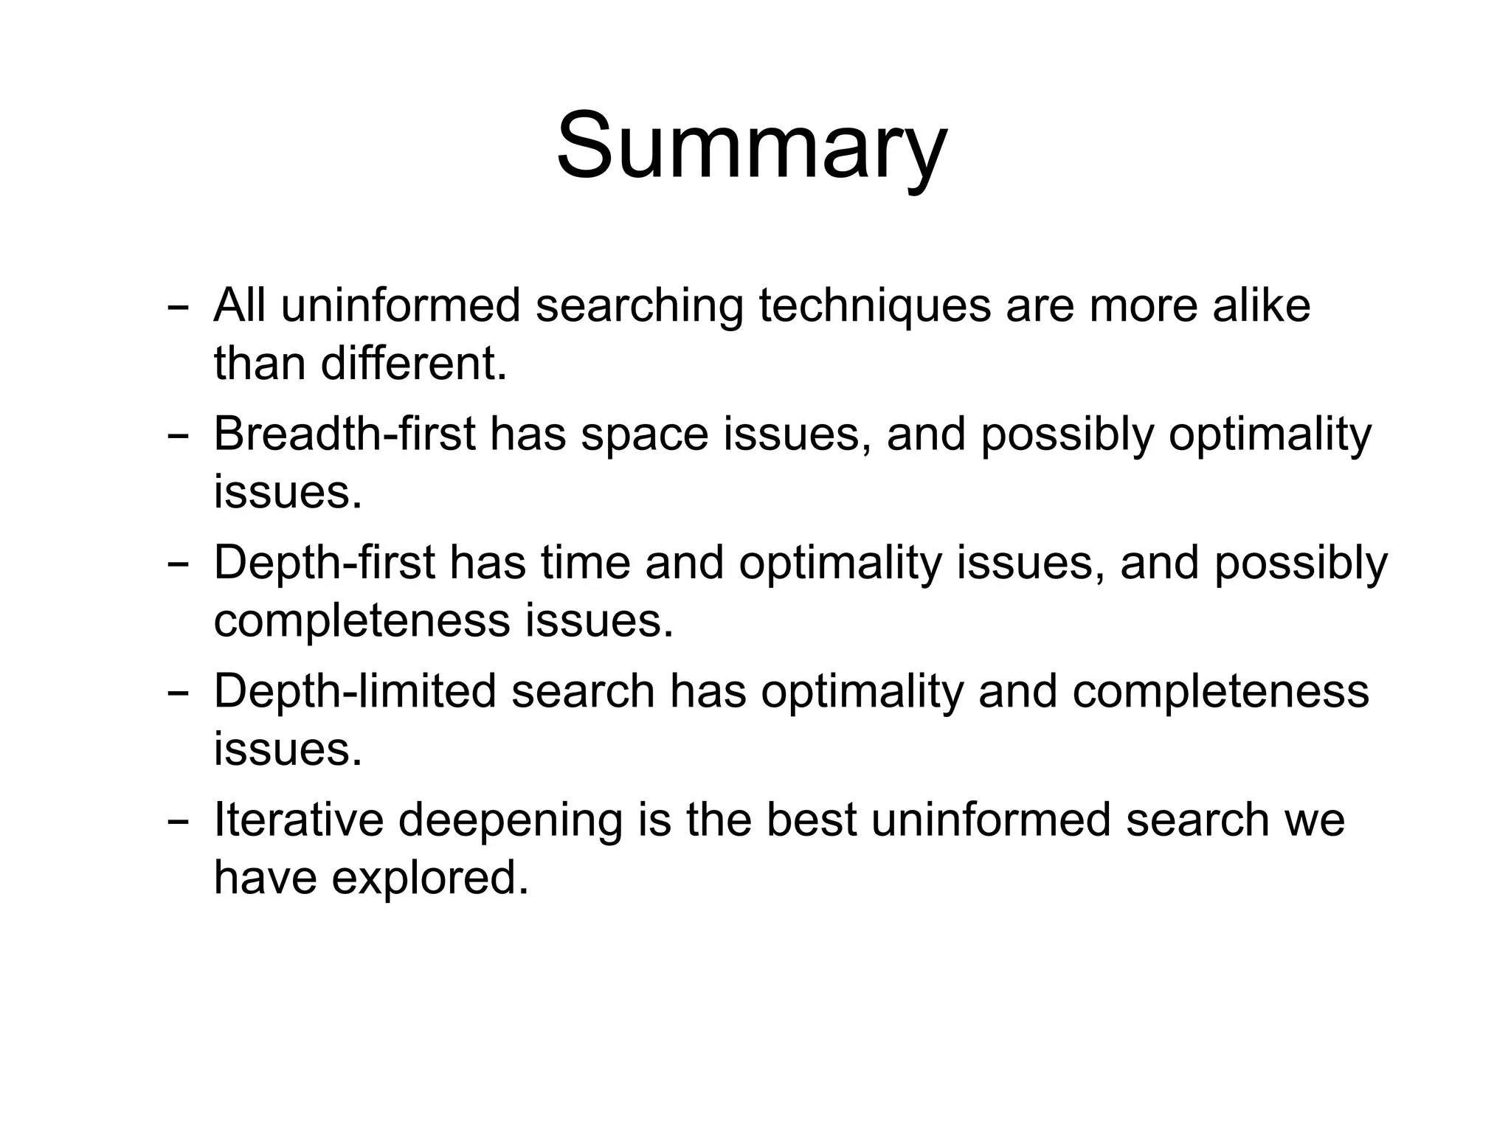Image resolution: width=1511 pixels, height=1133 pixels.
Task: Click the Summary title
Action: (x=751, y=145)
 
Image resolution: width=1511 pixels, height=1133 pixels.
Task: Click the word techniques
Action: (x=874, y=305)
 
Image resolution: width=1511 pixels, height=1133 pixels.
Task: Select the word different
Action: (x=414, y=364)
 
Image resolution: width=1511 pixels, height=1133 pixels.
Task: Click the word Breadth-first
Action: (x=344, y=434)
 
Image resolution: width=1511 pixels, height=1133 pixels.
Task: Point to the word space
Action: (x=645, y=435)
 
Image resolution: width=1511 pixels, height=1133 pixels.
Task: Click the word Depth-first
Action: (x=324, y=563)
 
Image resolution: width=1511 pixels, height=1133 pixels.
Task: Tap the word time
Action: (x=586, y=563)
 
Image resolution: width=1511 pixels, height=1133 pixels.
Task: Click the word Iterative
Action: (x=298, y=820)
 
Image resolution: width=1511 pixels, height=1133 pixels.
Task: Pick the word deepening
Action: (x=510, y=821)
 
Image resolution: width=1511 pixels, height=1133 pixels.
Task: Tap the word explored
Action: (x=430, y=879)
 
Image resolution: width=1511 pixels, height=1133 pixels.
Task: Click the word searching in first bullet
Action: (x=639, y=307)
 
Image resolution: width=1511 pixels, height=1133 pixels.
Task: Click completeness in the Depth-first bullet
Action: (x=362, y=622)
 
